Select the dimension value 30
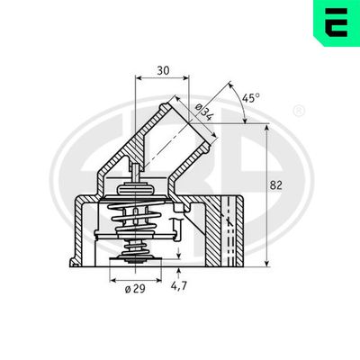162,68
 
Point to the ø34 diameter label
202,112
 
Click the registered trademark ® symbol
299,112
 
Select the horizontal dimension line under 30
162,78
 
